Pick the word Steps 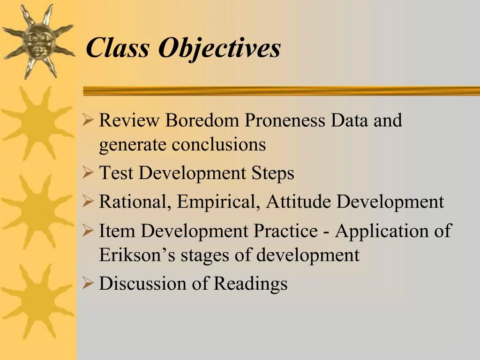click(x=273, y=173)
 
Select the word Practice click(x=285, y=231)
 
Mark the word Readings click(x=250, y=284)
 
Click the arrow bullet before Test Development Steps click(x=88, y=173)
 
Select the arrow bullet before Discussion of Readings click(x=88, y=283)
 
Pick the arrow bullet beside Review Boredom click(x=88, y=120)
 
